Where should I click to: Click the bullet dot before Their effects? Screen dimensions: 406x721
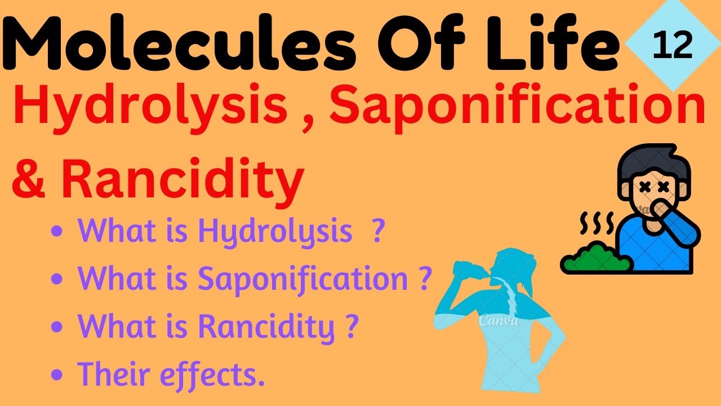coord(56,374)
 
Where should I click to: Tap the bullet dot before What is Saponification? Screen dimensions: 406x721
coord(56,279)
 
